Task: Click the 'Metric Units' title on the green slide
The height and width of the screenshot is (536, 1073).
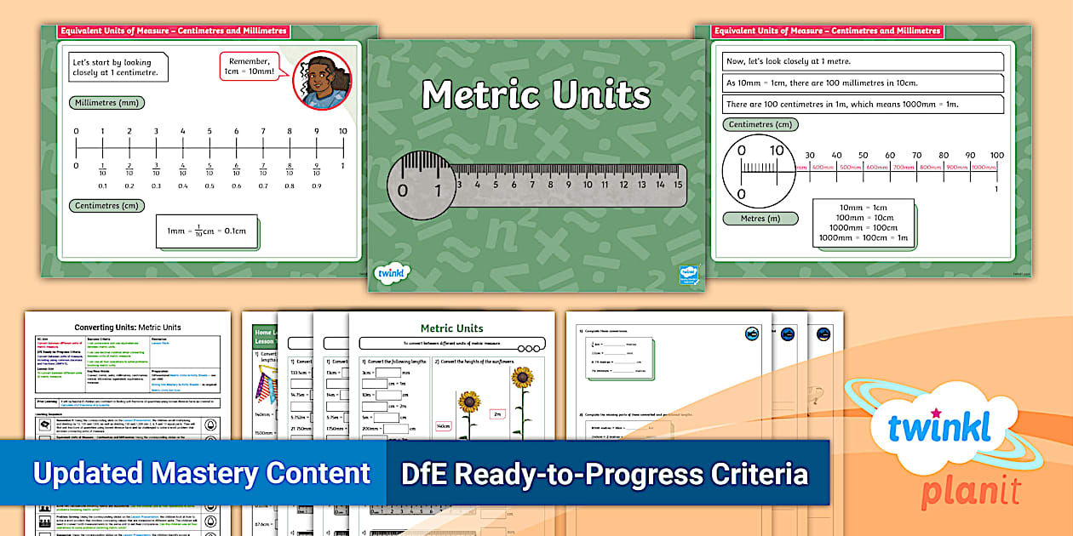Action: [536, 95]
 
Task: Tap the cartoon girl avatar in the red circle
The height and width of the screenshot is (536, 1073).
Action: [322, 81]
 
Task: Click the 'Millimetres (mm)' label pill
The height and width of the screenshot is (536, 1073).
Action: [106, 103]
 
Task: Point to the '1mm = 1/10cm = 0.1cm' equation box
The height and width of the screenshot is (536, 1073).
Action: [207, 231]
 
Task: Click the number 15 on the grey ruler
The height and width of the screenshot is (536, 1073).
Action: [678, 184]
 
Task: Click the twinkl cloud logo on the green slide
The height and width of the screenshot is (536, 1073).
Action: [392, 273]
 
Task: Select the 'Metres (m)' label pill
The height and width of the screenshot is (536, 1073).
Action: [760, 219]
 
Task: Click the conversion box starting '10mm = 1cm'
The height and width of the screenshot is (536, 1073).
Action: [863, 223]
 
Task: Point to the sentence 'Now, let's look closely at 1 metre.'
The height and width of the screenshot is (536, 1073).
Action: [863, 61]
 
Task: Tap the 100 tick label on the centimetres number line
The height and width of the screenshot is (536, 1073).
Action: [996, 156]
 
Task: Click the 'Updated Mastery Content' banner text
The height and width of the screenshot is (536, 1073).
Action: [202, 473]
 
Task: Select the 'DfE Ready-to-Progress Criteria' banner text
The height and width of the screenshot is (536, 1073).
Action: [604, 473]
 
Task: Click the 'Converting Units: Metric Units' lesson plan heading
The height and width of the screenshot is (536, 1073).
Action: [128, 327]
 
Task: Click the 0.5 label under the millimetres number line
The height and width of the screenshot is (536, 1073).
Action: [209, 185]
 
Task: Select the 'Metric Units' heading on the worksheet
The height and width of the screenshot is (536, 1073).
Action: [452, 328]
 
